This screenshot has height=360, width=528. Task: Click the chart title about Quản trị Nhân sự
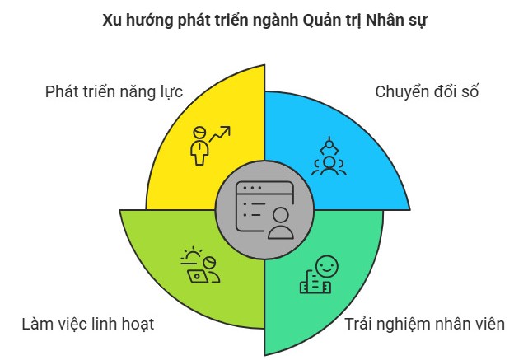tap(264, 21)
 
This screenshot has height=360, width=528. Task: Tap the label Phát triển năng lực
tap(114, 92)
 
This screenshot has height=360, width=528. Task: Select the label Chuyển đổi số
tap(427, 91)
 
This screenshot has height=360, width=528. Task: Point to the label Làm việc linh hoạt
tap(88, 324)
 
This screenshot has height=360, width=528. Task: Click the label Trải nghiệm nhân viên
tap(424, 325)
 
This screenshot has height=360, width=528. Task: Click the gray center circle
tap(264, 210)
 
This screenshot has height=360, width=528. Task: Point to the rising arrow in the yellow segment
tap(220, 133)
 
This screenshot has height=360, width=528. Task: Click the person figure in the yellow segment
tap(199, 146)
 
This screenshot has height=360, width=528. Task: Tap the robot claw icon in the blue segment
tap(329, 146)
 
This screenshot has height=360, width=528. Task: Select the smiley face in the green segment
tap(327, 267)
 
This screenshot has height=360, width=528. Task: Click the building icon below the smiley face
tap(315, 283)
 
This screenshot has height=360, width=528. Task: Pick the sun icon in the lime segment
tap(192, 256)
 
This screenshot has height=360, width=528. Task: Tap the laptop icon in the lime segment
tap(198, 277)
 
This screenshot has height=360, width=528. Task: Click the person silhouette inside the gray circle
tap(281, 223)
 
